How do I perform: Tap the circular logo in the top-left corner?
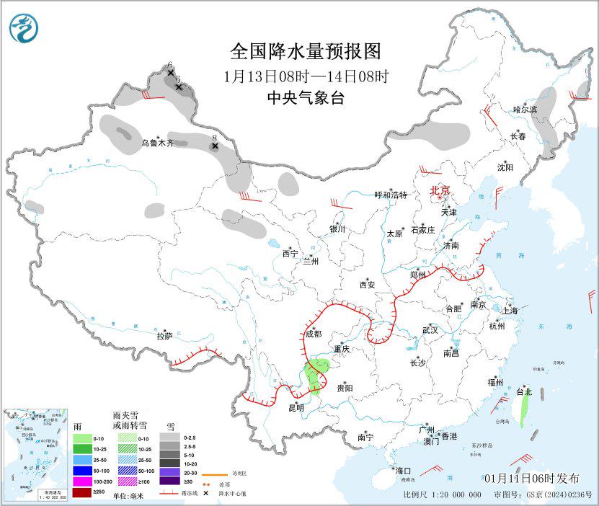point(25,28)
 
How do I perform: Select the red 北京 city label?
point(440,190)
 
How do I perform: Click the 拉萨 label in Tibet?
point(164,335)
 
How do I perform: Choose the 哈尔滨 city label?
point(525,110)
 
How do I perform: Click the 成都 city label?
point(313,334)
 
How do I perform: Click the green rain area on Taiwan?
point(524,411)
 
